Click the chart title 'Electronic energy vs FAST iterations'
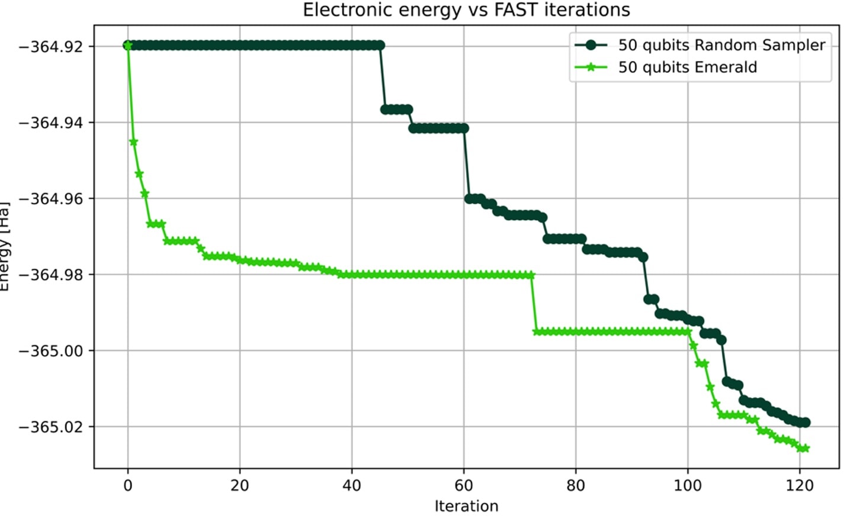pos(466,10)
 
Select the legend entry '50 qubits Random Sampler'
pos(721,45)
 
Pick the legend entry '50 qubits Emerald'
pos(687,67)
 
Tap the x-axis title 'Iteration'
pos(466,506)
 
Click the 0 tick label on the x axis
pos(128,485)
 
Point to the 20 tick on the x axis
pos(240,485)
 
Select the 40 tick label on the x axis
pos(352,485)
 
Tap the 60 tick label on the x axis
pos(464,485)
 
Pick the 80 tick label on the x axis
pos(576,485)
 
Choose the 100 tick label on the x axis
pos(688,485)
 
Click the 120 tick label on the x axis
pos(800,485)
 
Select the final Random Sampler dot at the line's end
pos(805,422)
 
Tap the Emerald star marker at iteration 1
pos(133,142)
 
